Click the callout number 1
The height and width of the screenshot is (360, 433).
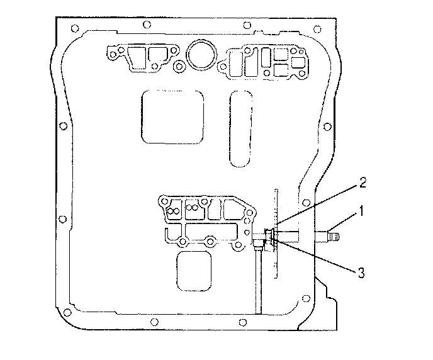(x=361, y=211)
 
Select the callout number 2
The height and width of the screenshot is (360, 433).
(x=363, y=183)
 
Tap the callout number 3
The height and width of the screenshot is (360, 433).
(x=361, y=273)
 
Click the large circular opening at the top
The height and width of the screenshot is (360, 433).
(x=201, y=55)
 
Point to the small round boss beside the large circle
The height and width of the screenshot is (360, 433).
(x=179, y=66)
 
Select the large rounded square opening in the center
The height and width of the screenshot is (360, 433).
(x=172, y=116)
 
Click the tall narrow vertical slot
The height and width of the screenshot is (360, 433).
(x=240, y=128)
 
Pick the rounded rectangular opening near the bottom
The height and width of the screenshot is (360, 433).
(x=194, y=271)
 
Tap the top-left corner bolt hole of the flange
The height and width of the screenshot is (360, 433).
(x=74, y=28)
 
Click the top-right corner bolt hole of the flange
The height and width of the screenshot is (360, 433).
(x=317, y=29)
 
